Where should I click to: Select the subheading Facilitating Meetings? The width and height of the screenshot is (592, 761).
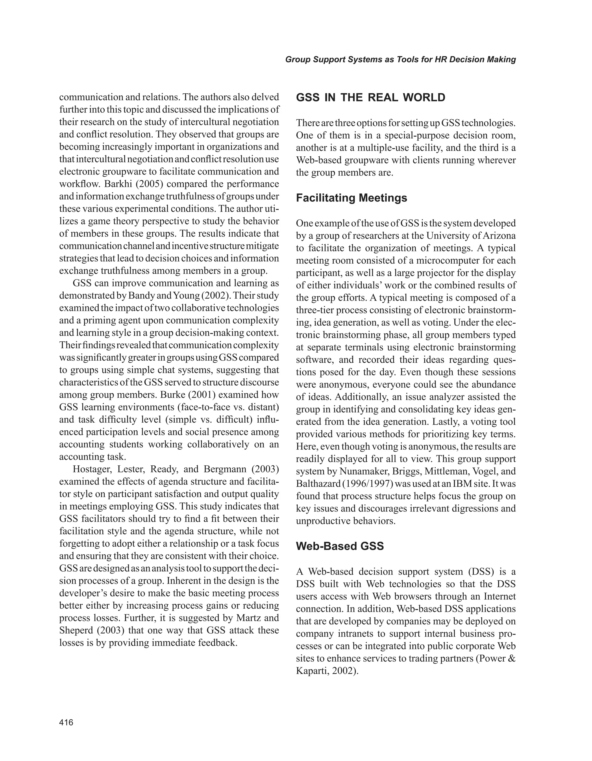tap(351, 198)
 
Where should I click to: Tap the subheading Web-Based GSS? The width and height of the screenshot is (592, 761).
tap(340, 546)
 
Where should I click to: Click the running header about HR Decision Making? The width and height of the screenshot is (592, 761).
tap(400, 60)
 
